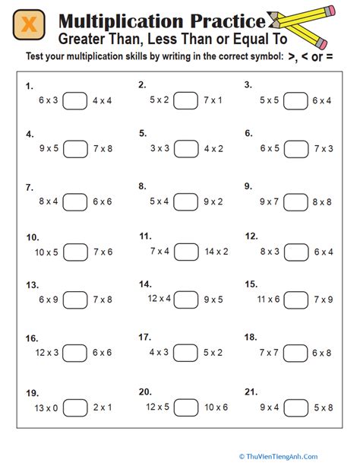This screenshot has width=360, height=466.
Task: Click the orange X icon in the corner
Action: point(28,26)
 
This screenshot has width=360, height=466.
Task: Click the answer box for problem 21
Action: point(297,407)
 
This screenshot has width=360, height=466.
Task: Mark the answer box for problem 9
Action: point(297,201)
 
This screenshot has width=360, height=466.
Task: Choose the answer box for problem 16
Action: point(75,353)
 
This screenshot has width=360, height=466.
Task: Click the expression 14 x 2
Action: point(216,251)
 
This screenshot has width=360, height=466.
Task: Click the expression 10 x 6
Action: point(216,407)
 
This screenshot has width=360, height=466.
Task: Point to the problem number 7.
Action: point(29,186)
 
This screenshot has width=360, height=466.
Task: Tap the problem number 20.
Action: point(145,392)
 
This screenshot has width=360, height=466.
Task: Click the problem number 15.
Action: point(251,284)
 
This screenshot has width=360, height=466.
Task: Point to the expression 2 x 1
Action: point(103,407)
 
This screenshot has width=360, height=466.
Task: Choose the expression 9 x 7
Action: point(269,201)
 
